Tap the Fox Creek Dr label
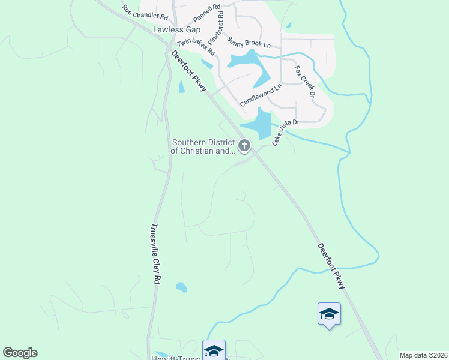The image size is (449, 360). (x=305, y=81)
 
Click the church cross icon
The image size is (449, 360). (x=244, y=145)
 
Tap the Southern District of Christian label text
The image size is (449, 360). (x=202, y=147)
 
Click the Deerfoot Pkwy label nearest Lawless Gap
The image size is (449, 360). (x=188, y=71)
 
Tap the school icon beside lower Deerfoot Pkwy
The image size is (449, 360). (x=329, y=313)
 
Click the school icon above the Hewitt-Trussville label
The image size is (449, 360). (x=214, y=350)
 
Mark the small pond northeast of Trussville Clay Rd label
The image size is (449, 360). (x=181, y=287)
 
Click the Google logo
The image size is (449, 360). (x=20, y=353)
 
